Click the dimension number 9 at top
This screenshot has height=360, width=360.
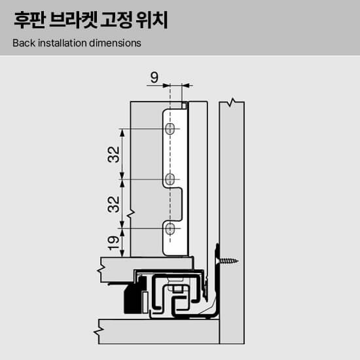[154, 77]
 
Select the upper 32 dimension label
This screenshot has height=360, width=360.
[114, 154]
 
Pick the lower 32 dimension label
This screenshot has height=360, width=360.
[114, 204]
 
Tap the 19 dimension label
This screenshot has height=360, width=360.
[114, 243]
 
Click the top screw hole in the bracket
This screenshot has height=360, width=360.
[170, 129]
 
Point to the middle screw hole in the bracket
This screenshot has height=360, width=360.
[170, 179]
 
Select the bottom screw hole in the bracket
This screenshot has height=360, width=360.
[170, 228]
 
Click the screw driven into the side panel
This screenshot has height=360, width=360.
[227, 261]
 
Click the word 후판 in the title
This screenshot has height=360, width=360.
[29, 20]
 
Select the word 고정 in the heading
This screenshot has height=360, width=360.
[116, 20]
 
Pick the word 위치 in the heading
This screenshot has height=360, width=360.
[152, 20]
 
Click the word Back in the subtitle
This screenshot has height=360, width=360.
[24, 43]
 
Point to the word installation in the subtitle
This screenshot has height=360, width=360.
[62, 43]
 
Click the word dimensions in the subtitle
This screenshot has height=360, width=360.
[115, 43]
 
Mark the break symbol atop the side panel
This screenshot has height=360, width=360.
[232, 102]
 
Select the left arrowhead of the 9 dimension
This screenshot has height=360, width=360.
[166, 86]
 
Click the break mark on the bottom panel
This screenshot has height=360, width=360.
[99, 331]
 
